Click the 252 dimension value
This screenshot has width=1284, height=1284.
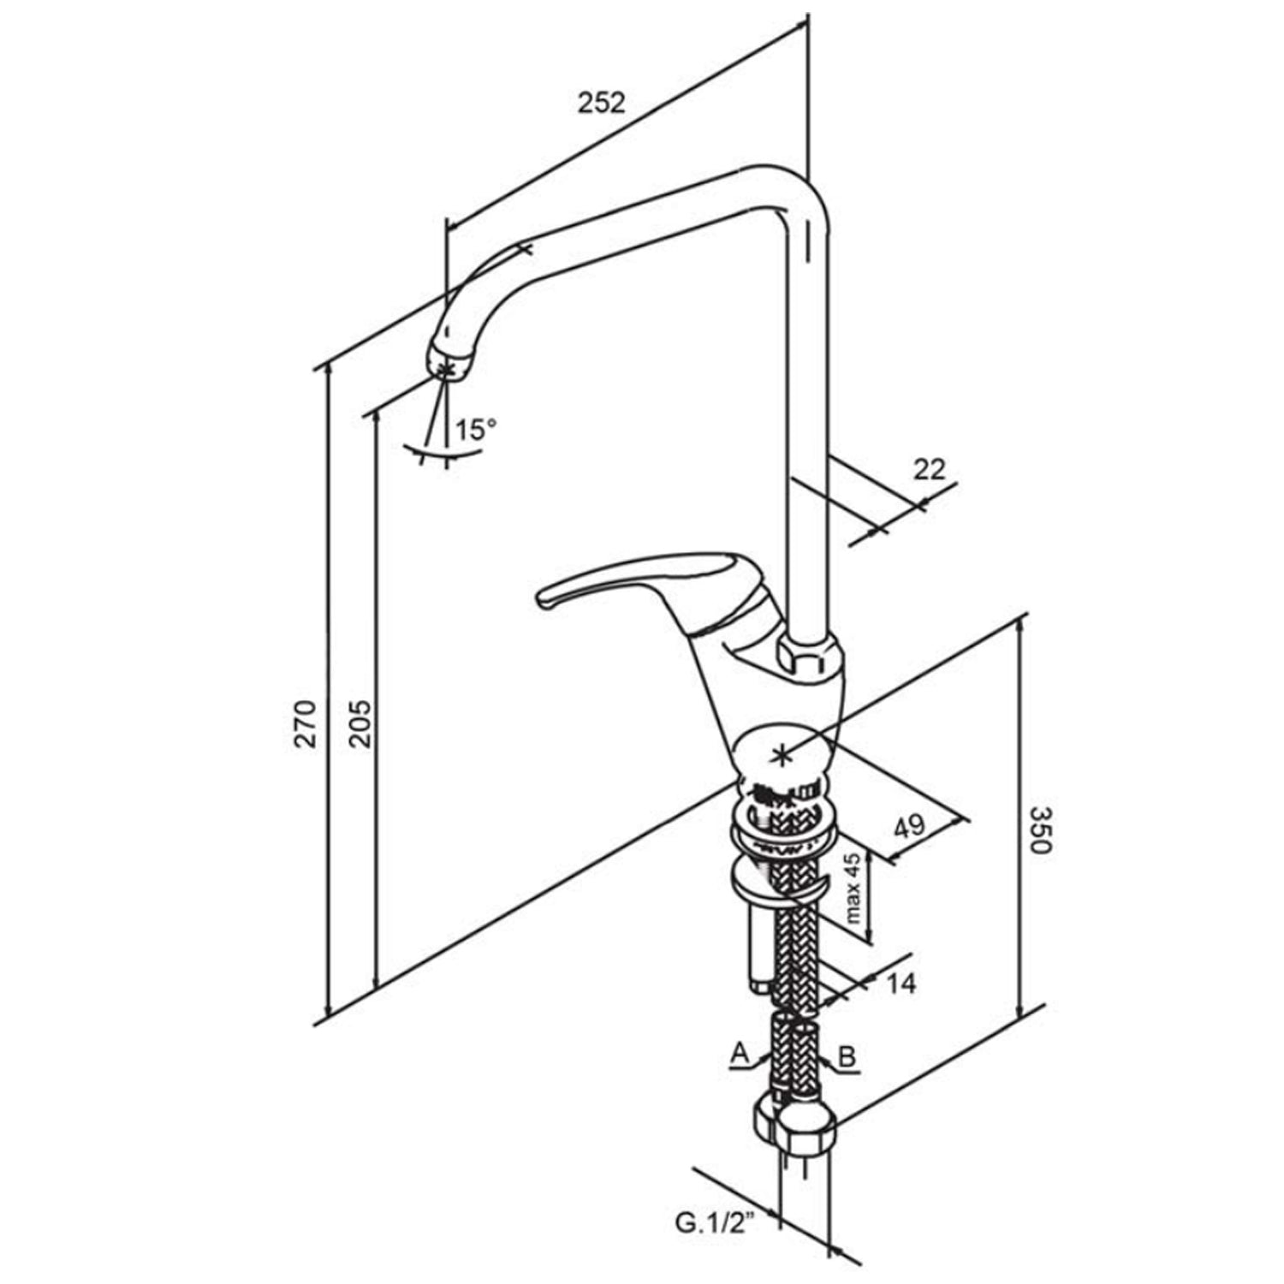[602, 104]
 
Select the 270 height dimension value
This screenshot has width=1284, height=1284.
[306, 723]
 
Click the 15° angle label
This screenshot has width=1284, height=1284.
[475, 428]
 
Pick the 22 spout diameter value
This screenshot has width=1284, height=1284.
[930, 469]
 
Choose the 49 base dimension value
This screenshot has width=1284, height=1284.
[909, 826]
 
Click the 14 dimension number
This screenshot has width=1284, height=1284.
[898, 984]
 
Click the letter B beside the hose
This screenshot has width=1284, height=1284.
[847, 1056]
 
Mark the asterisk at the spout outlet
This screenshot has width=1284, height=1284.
[445, 369]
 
